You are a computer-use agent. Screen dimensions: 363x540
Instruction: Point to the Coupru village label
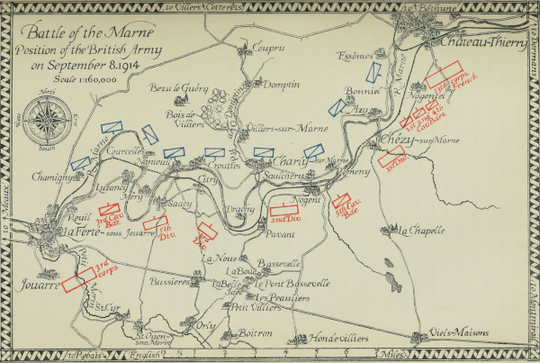click(267, 48)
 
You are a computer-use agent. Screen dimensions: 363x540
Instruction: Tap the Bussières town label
click(167, 282)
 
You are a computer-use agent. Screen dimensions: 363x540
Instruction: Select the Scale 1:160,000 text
click(82, 78)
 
